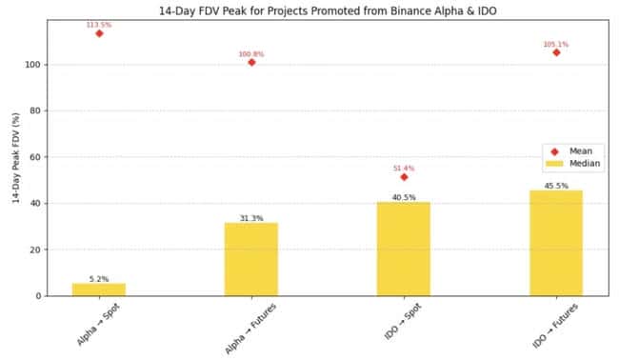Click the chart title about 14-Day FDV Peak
pyautogui.click(x=309, y=10)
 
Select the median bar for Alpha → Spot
pyautogui.click(x=99, y=290)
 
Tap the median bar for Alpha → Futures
pyautogui.click(x=251, y=259)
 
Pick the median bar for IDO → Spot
pyautogui.click(x=404, y=249)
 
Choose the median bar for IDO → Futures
pyautogui.click(x=556, y=243)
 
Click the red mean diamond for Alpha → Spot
pyautogui.click(x=99, y=33)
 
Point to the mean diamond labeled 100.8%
pyautogui.click(x=251, y=63)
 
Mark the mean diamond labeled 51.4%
pyautogui.click(x=404, y=177)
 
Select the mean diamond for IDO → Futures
pyautogui.click(x=556, y=52)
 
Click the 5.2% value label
pyautogui.click(x=99, y=279)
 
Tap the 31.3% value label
pyautogui.click(x=251, y=219)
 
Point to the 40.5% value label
pyautogui.click(x=404, y=197)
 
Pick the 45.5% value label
pyautogui.click(x=556, y=186)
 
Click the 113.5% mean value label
pyautogui.click(x=99, y=23)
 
